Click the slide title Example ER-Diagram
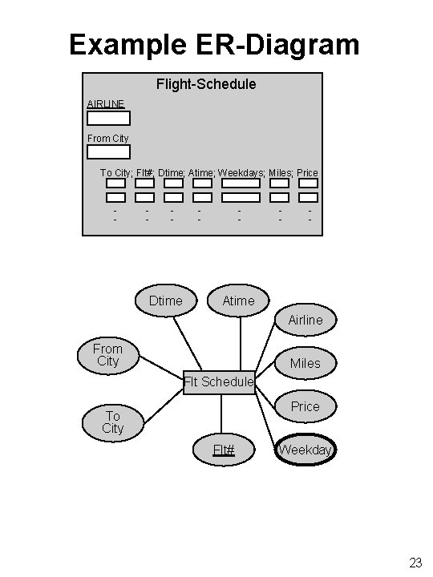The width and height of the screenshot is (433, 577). [x=214, y=44]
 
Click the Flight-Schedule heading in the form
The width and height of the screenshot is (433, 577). [x=206, y=83]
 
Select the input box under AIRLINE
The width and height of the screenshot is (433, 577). [x=108, y=119]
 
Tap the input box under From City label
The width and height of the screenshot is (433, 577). [x=108, y=151]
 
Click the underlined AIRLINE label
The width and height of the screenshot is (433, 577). [x=106, y=104]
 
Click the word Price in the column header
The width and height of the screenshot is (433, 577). [x=307, y=173]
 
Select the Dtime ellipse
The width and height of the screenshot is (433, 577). [x=166, y=301]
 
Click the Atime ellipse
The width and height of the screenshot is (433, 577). [x=238, y=301]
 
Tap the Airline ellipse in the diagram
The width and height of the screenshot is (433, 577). [x=306, y=320]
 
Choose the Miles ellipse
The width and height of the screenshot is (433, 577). [x=305, y=363]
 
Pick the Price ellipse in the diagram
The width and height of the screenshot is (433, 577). [x=305, y=406]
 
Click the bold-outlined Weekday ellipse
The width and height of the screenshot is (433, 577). [x=305, y=450]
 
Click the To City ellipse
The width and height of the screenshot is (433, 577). [x=112, y=422]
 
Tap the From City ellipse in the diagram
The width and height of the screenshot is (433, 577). [x=107, y=354]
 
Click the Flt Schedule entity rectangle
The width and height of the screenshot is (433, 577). [x=218, y=382]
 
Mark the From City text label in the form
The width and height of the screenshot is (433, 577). [x=107, y=139]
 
